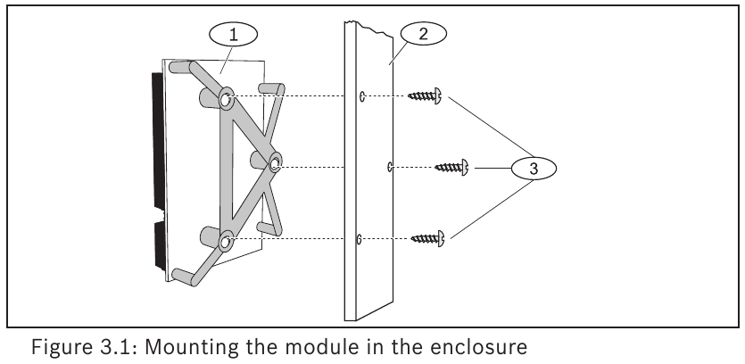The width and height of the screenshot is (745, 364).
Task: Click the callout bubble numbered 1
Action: [x=233, y=34]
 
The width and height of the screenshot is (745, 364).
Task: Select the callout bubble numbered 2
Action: [x=423, y=33]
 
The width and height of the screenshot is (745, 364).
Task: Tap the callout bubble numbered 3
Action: [x=534, y=169]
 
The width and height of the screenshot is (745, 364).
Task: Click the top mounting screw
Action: [x=426, y=96]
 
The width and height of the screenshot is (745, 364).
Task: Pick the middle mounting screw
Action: [x=451, y=167]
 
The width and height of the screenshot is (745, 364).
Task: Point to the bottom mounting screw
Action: [x=427, y=238]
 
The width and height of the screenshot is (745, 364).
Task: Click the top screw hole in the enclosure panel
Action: [x=362, y=96]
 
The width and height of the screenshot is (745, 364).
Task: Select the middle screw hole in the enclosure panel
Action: [x=390, y=167]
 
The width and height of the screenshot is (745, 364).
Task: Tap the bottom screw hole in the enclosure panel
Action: [x=359, y=239]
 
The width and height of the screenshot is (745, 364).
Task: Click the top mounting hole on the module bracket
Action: [x=226, y=100]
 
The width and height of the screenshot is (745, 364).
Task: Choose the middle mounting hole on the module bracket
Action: [x=275, y=164]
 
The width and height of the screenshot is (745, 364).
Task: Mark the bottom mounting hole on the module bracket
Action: [x=225, y=243]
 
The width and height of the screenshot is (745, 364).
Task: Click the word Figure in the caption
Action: [x=62, y=347]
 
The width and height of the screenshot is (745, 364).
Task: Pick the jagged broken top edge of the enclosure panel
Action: [x=369, y=29]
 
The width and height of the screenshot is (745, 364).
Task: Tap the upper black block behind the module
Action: [x=157, y=140]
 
